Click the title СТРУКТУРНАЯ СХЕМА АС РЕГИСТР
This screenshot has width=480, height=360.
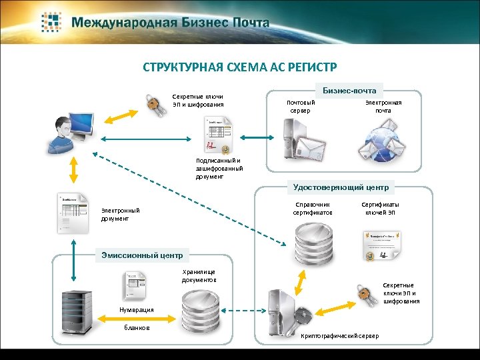tap(240, 67)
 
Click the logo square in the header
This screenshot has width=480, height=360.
tap(51, 21)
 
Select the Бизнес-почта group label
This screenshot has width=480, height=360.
tap(349, 90)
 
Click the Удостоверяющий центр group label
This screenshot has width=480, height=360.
tap(341, 187)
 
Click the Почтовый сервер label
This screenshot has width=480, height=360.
tap(300, 107)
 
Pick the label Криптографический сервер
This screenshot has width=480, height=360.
tap(340, 336)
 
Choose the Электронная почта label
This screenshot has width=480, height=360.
tap(383, 107)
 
